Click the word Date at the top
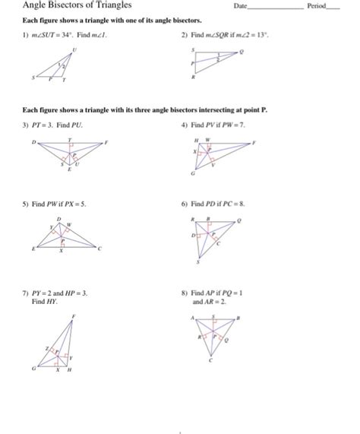242,6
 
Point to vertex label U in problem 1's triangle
74,49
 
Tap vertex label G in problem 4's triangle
192,174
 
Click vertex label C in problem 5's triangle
99,249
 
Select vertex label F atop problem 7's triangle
74,315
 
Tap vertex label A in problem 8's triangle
193,318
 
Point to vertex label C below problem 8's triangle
211,362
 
